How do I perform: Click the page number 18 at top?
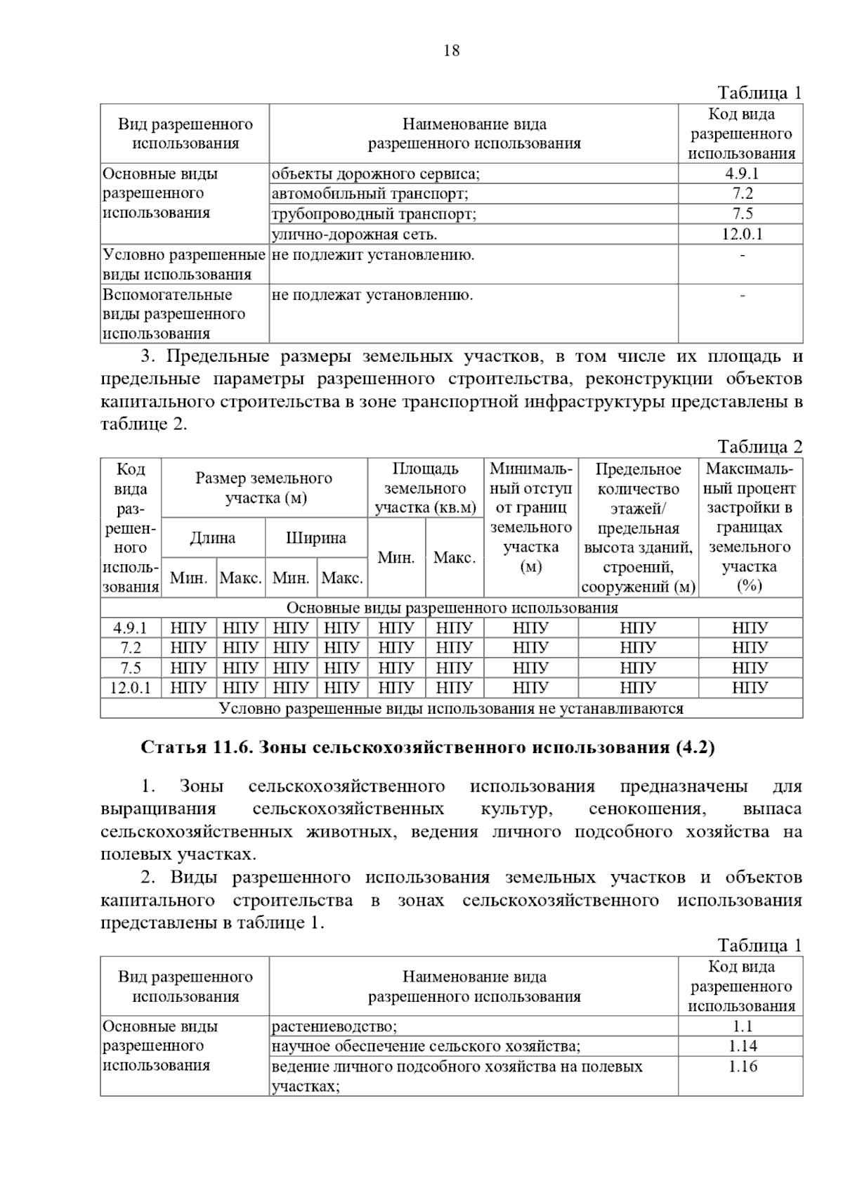point(452,51)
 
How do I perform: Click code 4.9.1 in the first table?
point(741,174)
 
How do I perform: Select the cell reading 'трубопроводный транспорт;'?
point(374,214)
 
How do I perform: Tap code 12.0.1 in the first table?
point(741,234)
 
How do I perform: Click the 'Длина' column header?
point(213,538)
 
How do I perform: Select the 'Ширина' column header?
point(316,538)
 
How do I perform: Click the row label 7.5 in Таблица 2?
point(131,667)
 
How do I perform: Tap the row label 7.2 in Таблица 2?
point(131,648)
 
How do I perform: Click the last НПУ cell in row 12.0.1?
point(750,688)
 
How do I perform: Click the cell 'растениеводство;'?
point(334,1026)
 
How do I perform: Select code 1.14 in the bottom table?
point(741,1046)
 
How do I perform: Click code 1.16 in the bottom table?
point(741,1067)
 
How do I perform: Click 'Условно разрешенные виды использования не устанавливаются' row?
point(451,708)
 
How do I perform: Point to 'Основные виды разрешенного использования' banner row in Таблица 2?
point(452,608)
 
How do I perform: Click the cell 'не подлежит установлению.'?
point(373,255)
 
